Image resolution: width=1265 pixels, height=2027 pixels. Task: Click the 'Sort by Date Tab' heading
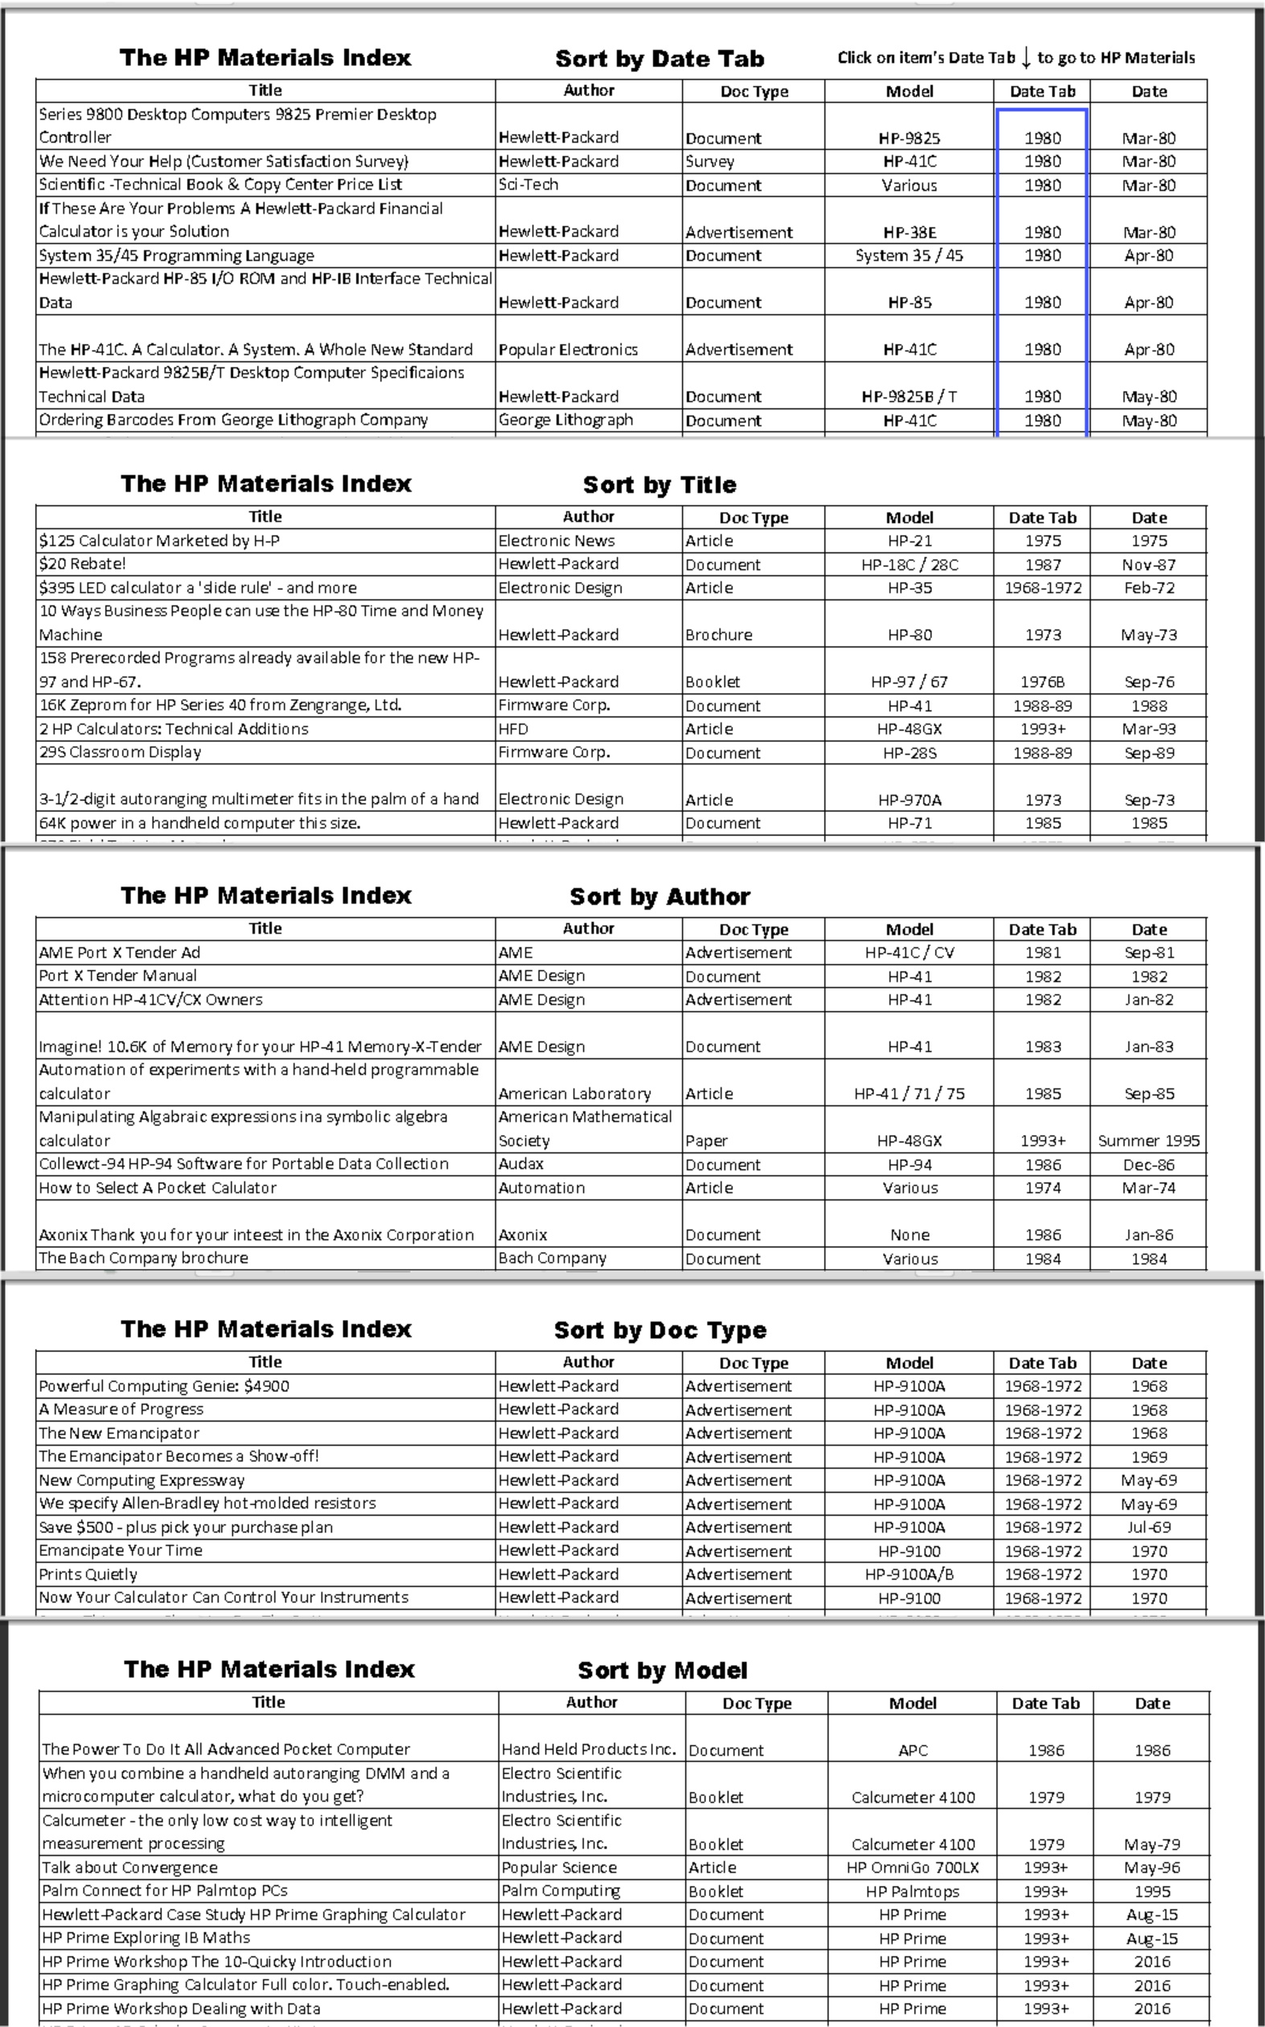(659, 59)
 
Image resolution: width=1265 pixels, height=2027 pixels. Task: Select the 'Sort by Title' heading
(659, 484)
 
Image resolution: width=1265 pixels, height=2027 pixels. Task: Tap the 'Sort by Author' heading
(659, 896)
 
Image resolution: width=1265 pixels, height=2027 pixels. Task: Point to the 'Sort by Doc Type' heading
(659, 1330)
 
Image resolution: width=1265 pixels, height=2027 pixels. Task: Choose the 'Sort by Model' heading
(662, 1670)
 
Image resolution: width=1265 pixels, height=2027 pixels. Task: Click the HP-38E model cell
(910, 232)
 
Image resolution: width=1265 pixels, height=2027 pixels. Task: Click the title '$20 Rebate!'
(82, 564)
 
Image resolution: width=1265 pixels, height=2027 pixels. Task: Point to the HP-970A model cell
(910, 800)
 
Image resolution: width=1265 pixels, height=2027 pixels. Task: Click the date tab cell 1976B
(1042, 682)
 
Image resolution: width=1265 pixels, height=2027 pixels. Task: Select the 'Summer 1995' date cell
(1148, 1141)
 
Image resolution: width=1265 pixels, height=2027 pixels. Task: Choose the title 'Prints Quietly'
(88, 1573)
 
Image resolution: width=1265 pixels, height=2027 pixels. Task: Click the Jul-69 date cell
(1148, 1527)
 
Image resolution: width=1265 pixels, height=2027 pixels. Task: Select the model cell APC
(913, 1750)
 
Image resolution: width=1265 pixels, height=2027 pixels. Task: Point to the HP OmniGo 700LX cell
(913, 1867)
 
